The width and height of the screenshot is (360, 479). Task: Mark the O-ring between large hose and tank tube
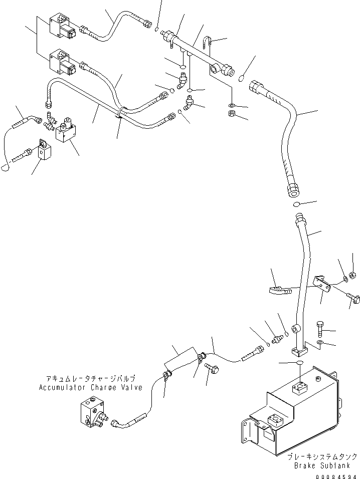click(296, 204)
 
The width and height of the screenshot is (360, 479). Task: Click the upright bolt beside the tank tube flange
click(320, 330)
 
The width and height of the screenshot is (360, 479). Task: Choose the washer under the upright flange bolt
click(320, 344)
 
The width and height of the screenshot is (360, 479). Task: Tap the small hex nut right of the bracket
click(352, 274)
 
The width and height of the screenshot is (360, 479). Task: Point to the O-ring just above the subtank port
click(298, 362)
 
